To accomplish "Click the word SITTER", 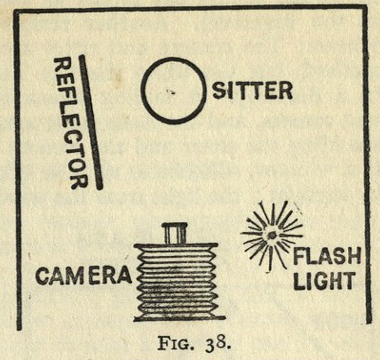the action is tap(252, 91).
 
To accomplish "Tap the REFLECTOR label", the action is tap(70, 124).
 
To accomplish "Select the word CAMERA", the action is tap(83, 276).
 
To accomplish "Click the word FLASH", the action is tap(327, 257).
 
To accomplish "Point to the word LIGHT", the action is tap(324, 280).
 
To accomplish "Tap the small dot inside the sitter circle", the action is tap(170, 92).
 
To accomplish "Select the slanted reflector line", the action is tap(91, 122).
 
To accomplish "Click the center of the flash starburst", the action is tap(271, 236).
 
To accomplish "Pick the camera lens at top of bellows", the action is tap(174, 233).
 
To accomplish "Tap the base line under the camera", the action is tap(179, 318).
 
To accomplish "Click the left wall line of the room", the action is tap(18, 170).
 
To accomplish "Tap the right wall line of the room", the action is tap(367, 164).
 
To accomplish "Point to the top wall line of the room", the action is tap(191, 9).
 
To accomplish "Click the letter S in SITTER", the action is tap(219, 91).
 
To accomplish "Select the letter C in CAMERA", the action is tap(43, 276).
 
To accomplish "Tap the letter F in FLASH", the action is tap(298, 257).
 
